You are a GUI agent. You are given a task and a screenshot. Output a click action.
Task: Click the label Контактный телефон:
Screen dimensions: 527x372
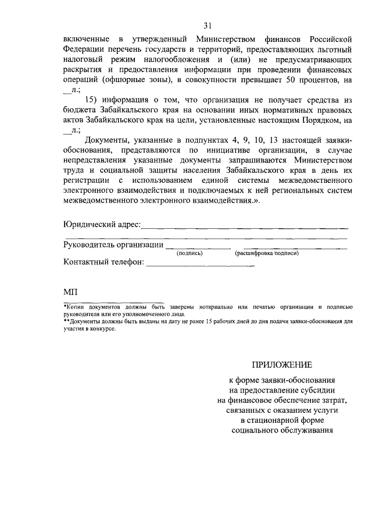[103, 262]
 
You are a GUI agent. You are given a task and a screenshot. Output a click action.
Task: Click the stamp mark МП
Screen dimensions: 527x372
[70, 291]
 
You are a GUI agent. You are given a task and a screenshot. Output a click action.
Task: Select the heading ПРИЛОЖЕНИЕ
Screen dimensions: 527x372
[281, 365]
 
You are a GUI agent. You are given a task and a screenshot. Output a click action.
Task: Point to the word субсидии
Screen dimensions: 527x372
[317, 391]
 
